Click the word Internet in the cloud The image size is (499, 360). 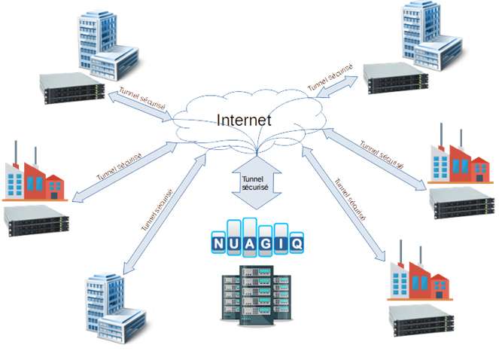pos(244,120)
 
